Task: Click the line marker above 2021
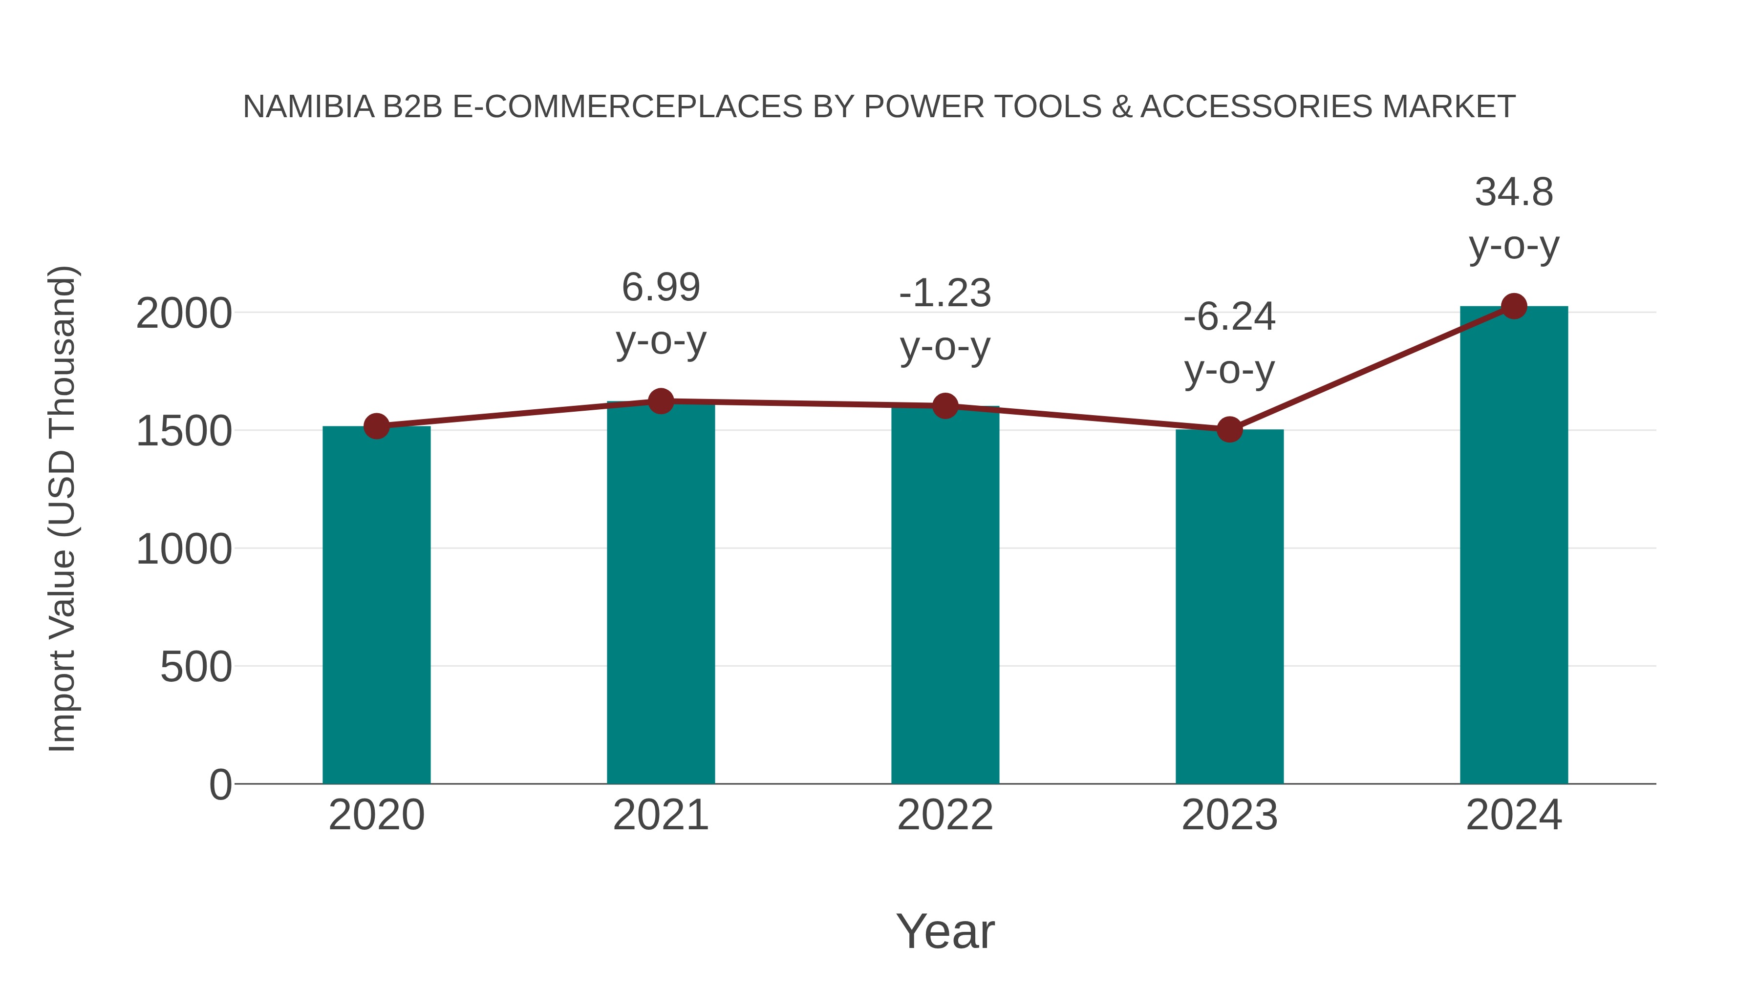(660, 401)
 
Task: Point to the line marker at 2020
(376, 426)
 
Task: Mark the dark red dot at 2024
(1514, 306)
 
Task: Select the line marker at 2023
(1229, 430)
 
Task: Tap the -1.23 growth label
(945, 319)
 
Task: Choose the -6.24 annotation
(1229, 343)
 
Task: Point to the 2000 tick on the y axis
(184, 314)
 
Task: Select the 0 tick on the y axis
(220, 784)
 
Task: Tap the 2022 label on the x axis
(945, 815)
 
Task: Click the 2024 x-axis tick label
(1514, 815)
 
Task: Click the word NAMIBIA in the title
(308, 106)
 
